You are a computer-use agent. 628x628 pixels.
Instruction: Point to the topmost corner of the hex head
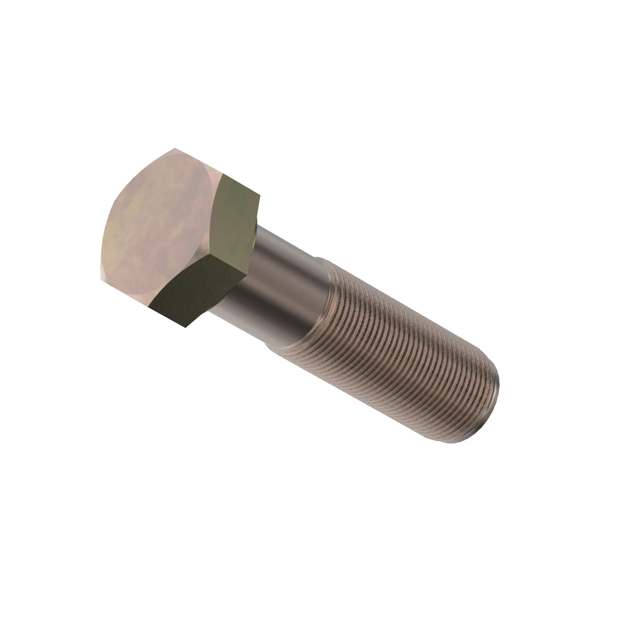click(175, 149)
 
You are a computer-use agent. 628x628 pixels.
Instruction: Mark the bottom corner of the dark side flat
click(185, 327)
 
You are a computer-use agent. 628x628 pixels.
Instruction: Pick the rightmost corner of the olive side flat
click(260, 196)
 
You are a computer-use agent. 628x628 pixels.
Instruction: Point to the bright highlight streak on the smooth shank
click(293, 260)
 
